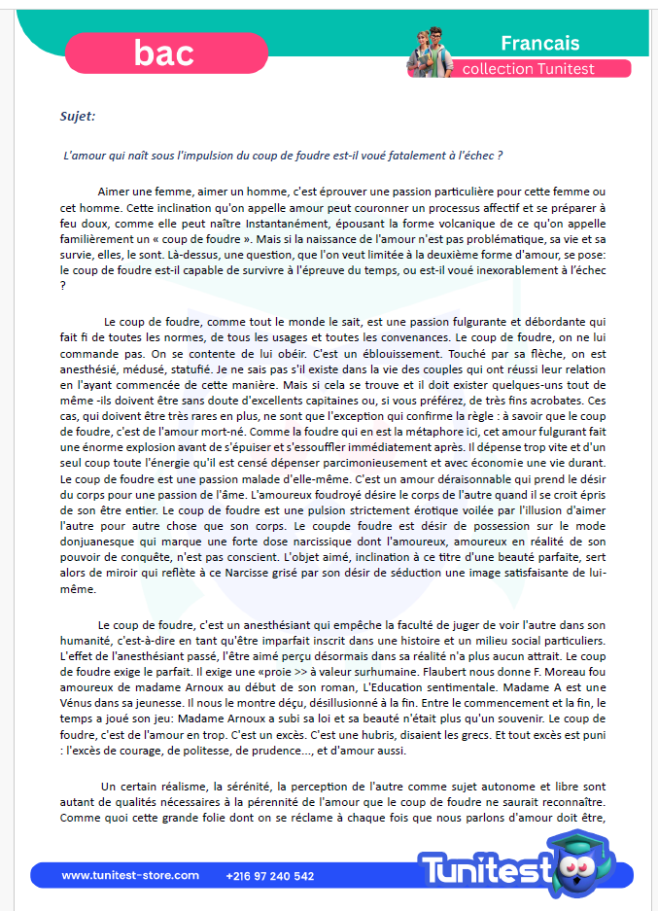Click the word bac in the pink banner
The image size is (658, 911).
click(164, 53)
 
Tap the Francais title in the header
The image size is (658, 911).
click(540, 43)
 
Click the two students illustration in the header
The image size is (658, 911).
click(430, 52)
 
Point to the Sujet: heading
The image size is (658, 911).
click(78, 117)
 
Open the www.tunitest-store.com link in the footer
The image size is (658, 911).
click(130, 876)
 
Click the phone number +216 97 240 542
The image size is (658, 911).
click(270, 876)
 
